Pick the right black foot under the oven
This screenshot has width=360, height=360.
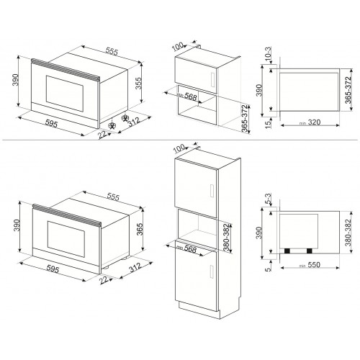pos(310,250)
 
